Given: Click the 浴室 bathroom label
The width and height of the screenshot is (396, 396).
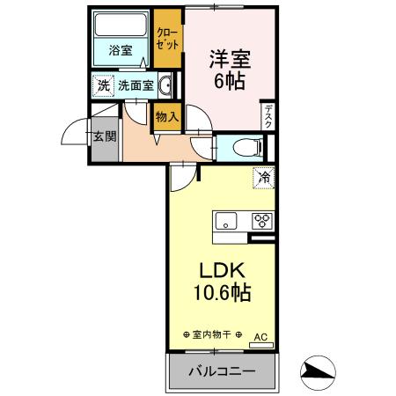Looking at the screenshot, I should pyautogui.click(x=121, y=50).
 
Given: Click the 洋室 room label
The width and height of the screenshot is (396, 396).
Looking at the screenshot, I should pyautogui.click(x=229, y=60).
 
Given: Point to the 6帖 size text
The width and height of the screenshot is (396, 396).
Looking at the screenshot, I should pyautogui.click(x=229, y=81).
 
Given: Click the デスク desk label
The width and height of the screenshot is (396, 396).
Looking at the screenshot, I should pyautogui.click(x=268, y=116).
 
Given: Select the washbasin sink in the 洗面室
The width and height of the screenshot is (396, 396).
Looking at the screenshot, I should pyautogui.click(x=165, y=85).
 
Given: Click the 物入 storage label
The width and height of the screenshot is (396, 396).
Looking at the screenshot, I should pyautogui.click(x=166, y=115).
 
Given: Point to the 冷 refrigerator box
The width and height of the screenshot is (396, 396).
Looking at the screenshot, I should pyautogui.click(x=264, y=177).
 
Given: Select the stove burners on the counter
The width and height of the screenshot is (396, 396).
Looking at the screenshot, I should pyautogui.click(x=262, y=221).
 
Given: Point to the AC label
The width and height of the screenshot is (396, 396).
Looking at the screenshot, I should pyautogui.click(x=261, y=336).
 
